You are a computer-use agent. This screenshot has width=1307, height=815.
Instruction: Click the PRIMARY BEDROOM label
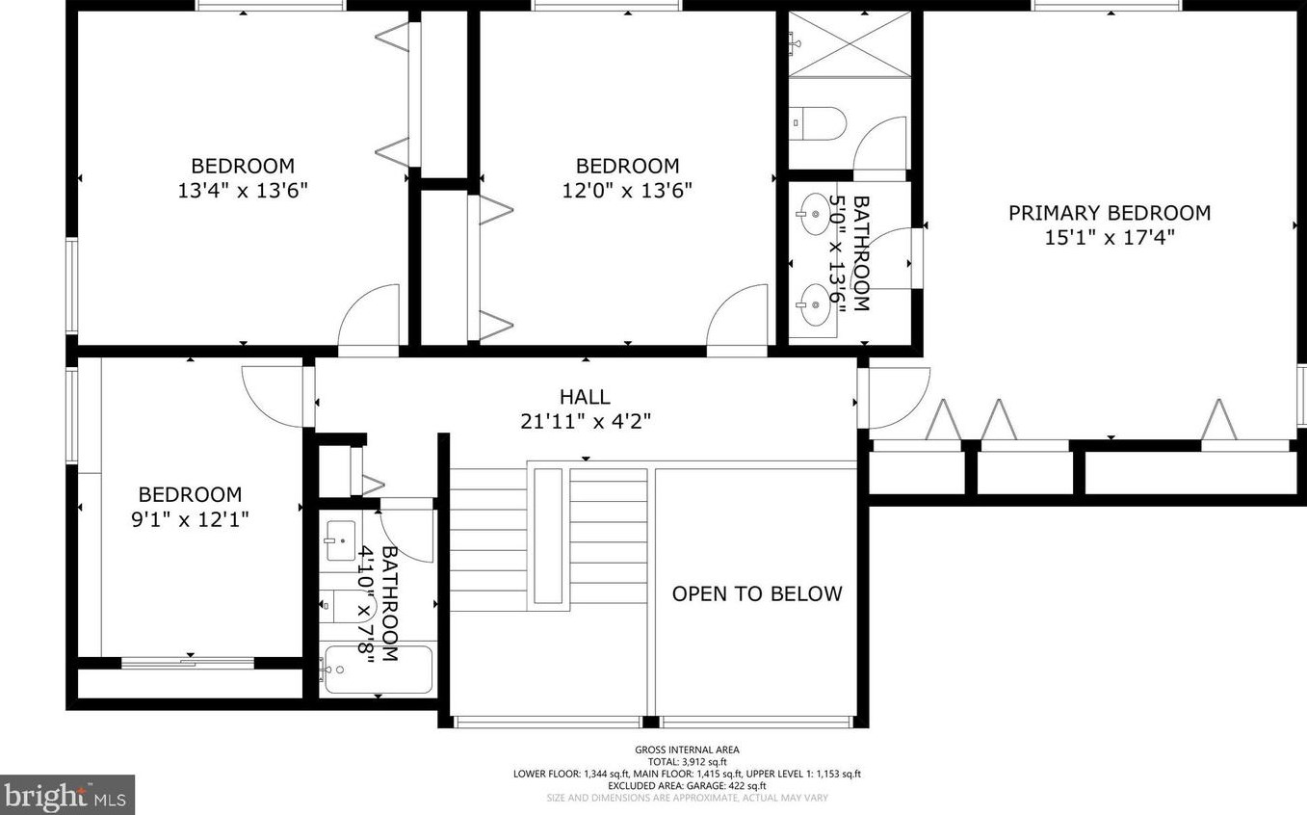coord(1109,213)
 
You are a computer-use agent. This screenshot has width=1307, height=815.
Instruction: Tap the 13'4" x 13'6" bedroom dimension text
coord(243,191)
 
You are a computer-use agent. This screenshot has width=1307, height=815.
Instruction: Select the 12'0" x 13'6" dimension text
coord(627,191)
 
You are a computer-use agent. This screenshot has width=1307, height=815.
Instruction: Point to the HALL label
coord(585,397)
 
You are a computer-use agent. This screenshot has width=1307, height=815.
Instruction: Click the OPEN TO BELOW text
coord(756,593)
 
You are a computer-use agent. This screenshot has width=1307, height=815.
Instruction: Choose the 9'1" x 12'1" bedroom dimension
coord(190,519)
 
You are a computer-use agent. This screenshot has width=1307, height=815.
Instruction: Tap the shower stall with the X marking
coord(849,44)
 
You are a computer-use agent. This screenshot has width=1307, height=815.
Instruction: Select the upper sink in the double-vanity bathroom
coord(815,208)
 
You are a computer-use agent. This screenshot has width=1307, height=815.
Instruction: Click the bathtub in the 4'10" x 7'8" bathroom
coord(378,669)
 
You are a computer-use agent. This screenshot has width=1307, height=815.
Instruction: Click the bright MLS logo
coord(66,795)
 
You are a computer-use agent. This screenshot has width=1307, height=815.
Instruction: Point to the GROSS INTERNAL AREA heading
coord(687,749)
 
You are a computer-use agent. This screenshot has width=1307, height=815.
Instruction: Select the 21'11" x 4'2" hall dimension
coord(585,421)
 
